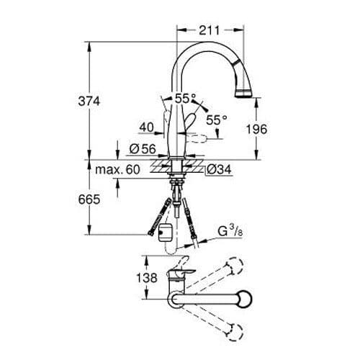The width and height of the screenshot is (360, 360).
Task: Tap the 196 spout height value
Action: coord(257,130)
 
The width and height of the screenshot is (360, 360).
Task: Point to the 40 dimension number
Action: coord(146,127)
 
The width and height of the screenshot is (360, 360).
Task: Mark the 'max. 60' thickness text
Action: coord(117,170)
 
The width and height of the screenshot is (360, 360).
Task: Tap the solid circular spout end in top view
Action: coord(244,299)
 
